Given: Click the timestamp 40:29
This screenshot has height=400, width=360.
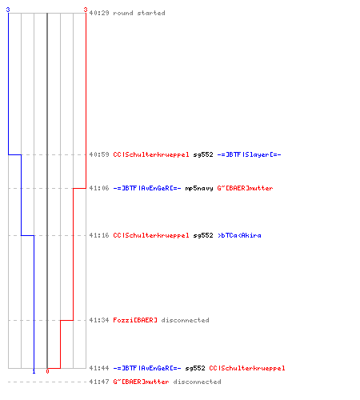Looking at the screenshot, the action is coord(99,13).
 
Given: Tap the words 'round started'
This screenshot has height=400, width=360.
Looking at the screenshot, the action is coord(139,13).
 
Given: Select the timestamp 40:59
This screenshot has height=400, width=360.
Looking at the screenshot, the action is coord(99,154).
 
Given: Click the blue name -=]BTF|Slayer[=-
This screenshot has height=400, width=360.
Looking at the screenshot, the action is coord(249,154).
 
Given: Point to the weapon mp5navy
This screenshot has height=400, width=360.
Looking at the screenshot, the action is coord(199,188).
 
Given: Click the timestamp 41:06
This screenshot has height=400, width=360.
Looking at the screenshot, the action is coord(99,188).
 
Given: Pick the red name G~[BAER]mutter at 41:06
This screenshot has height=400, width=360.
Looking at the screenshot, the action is coord(245,188).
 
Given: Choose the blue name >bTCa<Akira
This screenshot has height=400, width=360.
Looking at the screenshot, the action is coord(239,235).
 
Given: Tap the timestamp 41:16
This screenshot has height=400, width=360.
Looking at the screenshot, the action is coord(99,235).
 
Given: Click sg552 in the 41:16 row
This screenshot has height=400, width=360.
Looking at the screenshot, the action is coord(203,235).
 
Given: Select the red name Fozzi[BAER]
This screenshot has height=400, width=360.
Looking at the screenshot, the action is coord(135,320).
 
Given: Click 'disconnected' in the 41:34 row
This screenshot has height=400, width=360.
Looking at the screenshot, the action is coord(185,320).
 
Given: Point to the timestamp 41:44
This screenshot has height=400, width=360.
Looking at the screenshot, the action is coord(99,368).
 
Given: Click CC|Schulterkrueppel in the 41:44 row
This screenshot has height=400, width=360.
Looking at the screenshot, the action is coord(247,368).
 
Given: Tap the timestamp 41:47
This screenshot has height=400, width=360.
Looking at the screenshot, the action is coord(99,382).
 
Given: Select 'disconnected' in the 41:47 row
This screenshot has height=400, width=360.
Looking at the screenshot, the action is coord(197,382).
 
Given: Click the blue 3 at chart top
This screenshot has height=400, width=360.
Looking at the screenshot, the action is coord(8,10).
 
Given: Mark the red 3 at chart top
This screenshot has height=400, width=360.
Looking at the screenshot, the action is coord(86,10).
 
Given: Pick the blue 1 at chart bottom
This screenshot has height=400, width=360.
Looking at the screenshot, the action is coord(34,371).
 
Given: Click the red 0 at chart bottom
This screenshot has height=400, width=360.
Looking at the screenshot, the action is coord(47,371).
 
